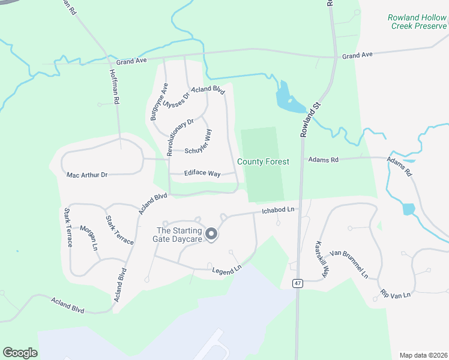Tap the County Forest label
click(x=263, y=161)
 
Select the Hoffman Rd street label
click(x=115, y=86)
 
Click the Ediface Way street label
click(x=203, y=174)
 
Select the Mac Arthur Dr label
click(x=87, y=175)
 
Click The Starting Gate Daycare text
click(x=179, y=235)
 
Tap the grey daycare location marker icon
click(x=211, y=234)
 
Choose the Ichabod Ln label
click(x=280, y=210)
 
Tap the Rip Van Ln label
click(x=395, y=294)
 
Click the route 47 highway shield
click(x=297, y=283)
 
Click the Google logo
click(x=20, y=353)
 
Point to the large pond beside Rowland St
click(x=286, y=97)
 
